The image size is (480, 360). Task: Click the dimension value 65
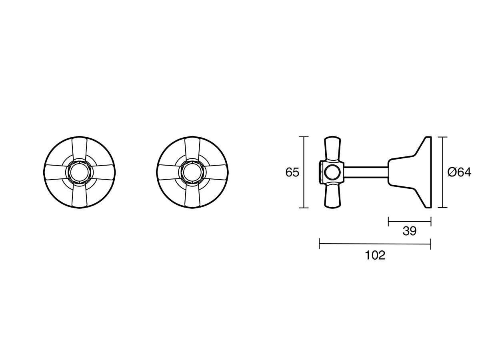click(x=292, y=172)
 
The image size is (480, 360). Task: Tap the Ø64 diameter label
click(x=459, y=172)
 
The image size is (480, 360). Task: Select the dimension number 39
click(x=410, y=231)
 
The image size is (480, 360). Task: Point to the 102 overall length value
click(x=375, y=255)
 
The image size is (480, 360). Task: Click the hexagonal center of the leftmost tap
click(x=79, y=172)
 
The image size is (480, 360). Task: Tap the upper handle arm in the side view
click(x=332, y=148)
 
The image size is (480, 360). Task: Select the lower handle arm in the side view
click(x=332, y=197)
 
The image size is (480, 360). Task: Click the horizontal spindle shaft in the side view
click(x=366, y=172)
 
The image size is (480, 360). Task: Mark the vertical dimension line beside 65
click(x=304, y=172)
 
